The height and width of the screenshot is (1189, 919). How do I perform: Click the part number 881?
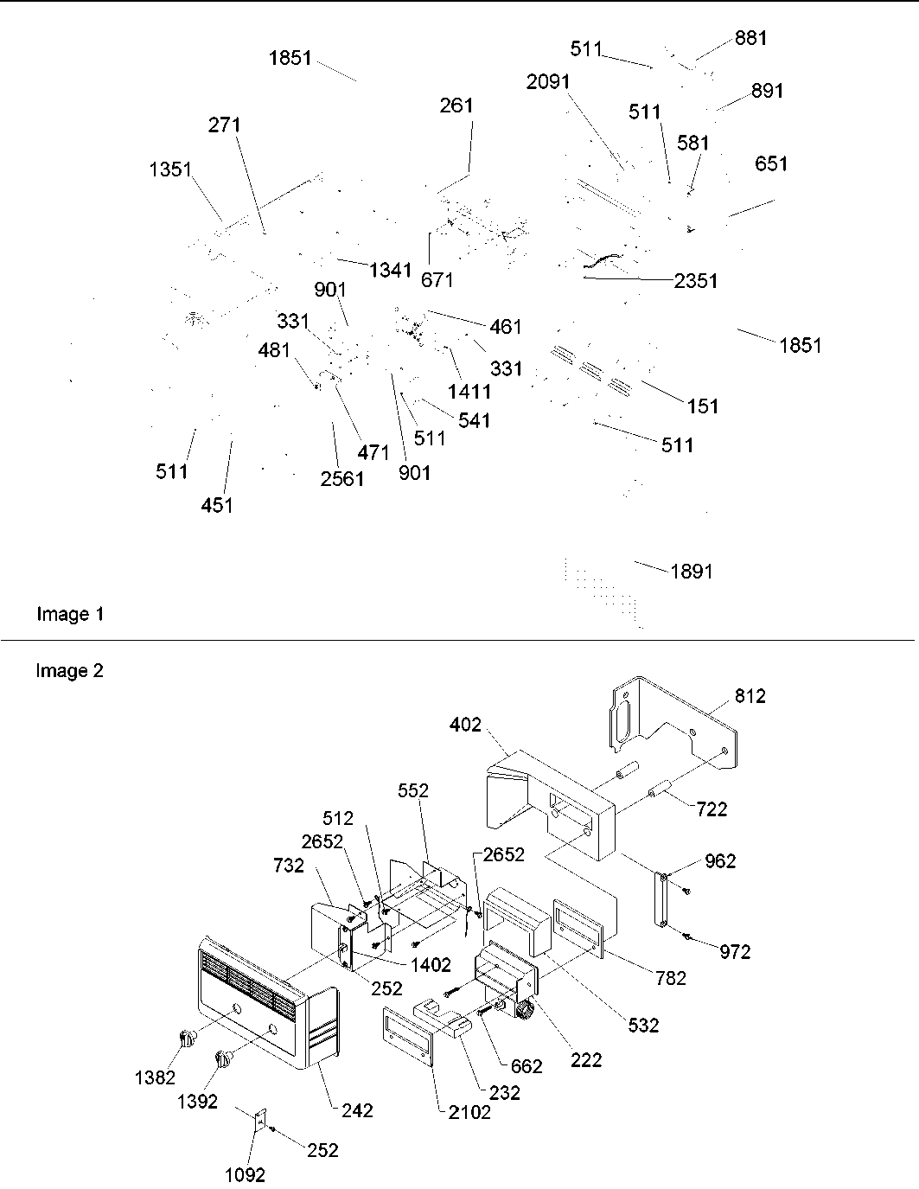click(x=750, y=38)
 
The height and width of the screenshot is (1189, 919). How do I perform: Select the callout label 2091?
click(x=548, y=81)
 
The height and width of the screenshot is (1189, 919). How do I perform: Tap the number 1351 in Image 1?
click(x=169, y=169)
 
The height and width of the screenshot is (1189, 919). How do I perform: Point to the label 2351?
click(x=696, y=281)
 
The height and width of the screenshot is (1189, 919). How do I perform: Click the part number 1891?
click(x=692, y=572)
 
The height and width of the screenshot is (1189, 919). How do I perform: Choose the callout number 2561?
click(x=342, y=479)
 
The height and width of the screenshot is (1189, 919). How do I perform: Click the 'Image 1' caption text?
click(x=70, y=614)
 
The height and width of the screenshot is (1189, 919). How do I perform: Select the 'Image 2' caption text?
click(x=70, y=670)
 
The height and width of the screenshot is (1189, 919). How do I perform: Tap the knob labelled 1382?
click(x=187, y=1038)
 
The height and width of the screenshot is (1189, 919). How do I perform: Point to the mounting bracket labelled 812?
click(x=674, y=722)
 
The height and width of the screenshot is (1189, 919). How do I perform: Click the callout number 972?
click(x=735, y=952)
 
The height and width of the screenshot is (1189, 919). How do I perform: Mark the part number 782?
click(x=671, y=978)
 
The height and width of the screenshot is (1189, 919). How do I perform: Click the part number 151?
click(x=702, y=406)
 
